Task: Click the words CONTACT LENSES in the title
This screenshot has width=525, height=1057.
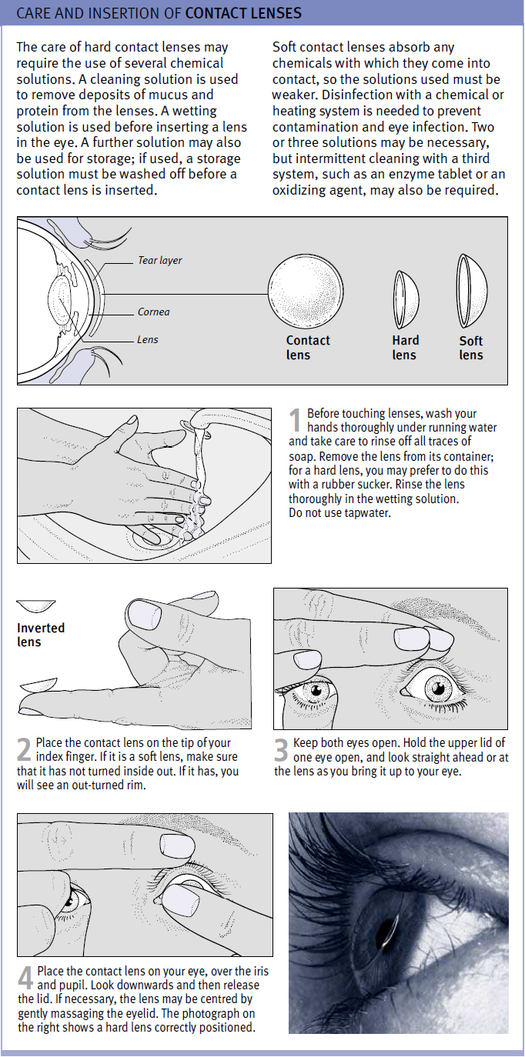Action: (x=243, y=14)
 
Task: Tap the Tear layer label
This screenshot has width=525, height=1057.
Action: (x=159, y=261)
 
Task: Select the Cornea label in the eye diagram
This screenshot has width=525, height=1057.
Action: (x=153, y=312)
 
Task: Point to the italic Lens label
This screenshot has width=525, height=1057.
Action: (x=147, y=339)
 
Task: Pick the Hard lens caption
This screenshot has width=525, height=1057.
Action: (x=405, y=348)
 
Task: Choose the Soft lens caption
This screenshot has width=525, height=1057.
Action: (x=471, y=348)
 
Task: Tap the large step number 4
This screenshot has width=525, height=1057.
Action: (x=25, y=979)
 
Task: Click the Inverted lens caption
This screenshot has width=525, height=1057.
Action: (x=41, y=635)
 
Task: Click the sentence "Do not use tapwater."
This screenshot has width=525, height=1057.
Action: (x=339, y=513)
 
